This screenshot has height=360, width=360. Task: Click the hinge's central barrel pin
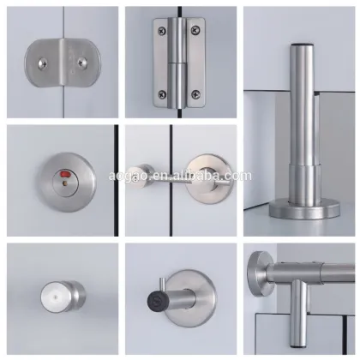pos(179,60)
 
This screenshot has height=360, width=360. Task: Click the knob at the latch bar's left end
pos(135,169)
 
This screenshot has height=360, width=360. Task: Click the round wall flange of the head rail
pos(259,275)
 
